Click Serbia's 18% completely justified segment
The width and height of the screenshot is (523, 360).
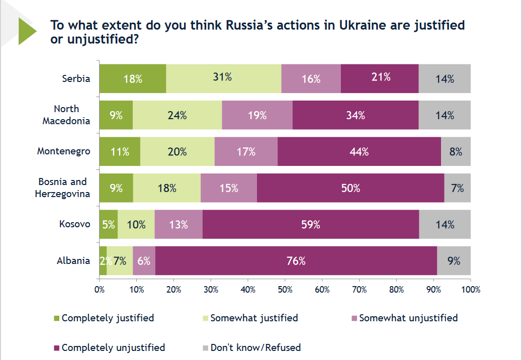click(x=132, y=79)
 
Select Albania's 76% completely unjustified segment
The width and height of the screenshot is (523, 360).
click(x=296, y=261)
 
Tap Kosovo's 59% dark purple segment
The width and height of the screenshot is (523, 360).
click(x=311, y=225)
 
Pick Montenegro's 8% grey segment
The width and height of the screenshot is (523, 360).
click(x=456, y=151)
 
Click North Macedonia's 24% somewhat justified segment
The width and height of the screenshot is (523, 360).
click(x=177, y=115)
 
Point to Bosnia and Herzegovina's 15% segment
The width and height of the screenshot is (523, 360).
click(x=228, y=188)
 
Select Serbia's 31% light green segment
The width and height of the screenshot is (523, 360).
click(x=223, y=79)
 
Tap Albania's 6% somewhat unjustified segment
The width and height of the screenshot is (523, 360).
click(x=144, y=261)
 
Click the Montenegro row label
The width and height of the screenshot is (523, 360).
click(x=64, y=151)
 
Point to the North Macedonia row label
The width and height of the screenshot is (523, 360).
click(x=66, y=115)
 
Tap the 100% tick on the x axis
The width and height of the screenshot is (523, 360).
click(x=471, y=290)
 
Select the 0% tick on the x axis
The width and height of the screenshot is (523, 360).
click(x=100, y=290)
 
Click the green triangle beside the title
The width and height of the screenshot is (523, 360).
click(x=27, y=31)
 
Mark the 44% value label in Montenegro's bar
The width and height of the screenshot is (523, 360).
click(x=359, y=151)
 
